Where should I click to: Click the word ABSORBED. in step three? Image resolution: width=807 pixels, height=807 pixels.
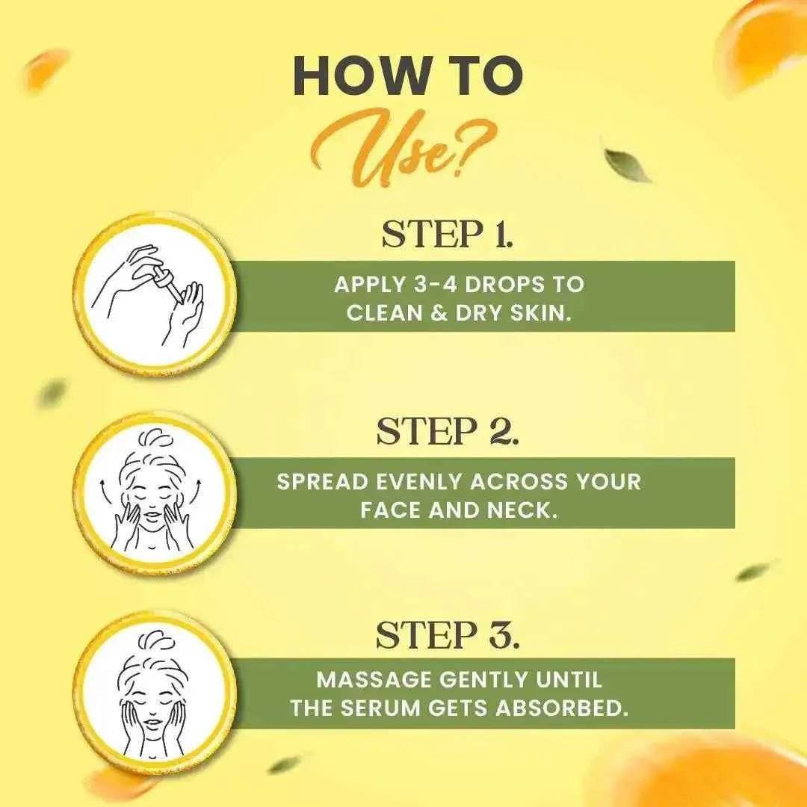point(562,708)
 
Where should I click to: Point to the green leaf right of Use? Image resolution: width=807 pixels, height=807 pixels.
point(627,164)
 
